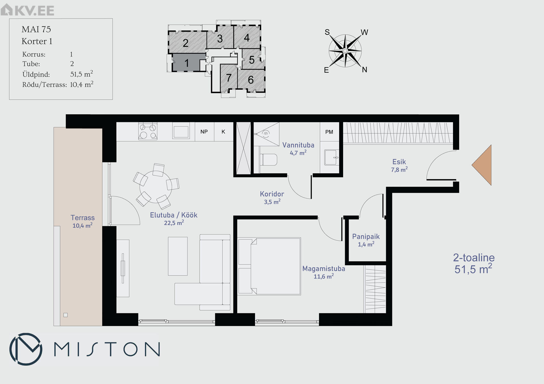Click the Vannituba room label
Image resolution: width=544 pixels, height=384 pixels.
[x=298, y=145]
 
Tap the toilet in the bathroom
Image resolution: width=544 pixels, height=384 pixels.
[x=268, y=159]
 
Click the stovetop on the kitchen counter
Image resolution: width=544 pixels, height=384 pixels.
[x=148, y=131]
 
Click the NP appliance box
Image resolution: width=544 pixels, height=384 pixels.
[x=204, y=132]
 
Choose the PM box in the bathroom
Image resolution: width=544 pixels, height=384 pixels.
[x=330, y=132]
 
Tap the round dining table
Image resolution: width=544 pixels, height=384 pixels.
[x=156, y=187]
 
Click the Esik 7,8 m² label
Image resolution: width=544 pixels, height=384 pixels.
[x=399, y=165]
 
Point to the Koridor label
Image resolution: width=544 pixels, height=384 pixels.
[x=272, y=194]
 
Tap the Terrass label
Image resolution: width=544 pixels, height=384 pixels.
[x=82, y=218]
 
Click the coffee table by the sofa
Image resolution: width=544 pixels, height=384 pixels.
[x=178, y=256]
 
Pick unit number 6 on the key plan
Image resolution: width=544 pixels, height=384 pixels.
[x=250, y=80]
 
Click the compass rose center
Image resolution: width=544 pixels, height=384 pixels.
[x=345, y=51]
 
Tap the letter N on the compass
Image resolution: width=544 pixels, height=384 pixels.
[x=365, y=70]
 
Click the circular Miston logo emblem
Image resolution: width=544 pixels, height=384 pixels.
[x=26, y=349]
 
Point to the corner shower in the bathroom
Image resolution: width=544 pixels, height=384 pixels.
[x=266, y=134]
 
